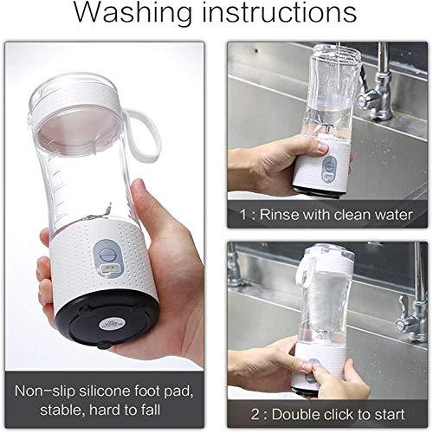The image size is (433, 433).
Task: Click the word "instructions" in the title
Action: click(279, 12)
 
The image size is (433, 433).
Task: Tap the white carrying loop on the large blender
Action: click(145, 136)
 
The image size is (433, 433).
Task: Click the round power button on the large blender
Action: click(106, 255)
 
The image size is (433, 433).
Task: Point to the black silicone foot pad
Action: click(107, 318)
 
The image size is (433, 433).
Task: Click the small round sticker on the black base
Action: click(111, 324)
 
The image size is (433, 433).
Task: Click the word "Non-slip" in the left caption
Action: click(44, 391)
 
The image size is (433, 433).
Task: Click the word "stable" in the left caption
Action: click(61, 410)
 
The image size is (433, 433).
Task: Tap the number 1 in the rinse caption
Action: click(244, 215)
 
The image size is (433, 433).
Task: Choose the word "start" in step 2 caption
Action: click(390, 415)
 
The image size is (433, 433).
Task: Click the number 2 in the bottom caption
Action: click(255, 415)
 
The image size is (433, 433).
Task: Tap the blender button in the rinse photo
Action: click(328, 164)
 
